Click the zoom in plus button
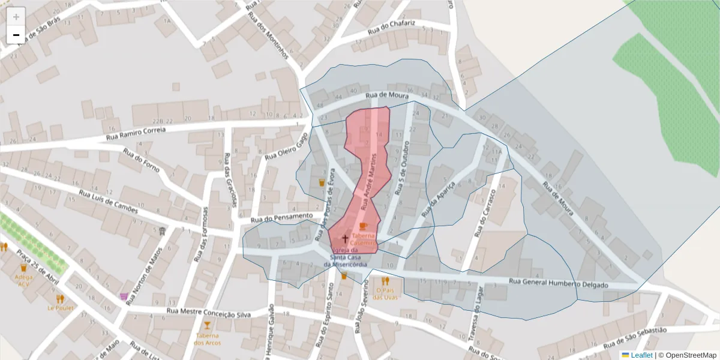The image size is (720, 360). point(16,17)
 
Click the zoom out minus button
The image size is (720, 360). point(16,35)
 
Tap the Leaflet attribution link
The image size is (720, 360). point(641,355)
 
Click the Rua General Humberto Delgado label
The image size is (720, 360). point(558,283)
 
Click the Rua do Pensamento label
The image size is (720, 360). point(282,217)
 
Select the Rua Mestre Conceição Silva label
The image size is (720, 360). point(208,312)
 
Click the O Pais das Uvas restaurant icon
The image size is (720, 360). point(385,281)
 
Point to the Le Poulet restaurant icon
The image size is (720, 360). point(60,298)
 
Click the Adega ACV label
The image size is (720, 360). point(24,280)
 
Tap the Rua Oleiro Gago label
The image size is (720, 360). point(286,147)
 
